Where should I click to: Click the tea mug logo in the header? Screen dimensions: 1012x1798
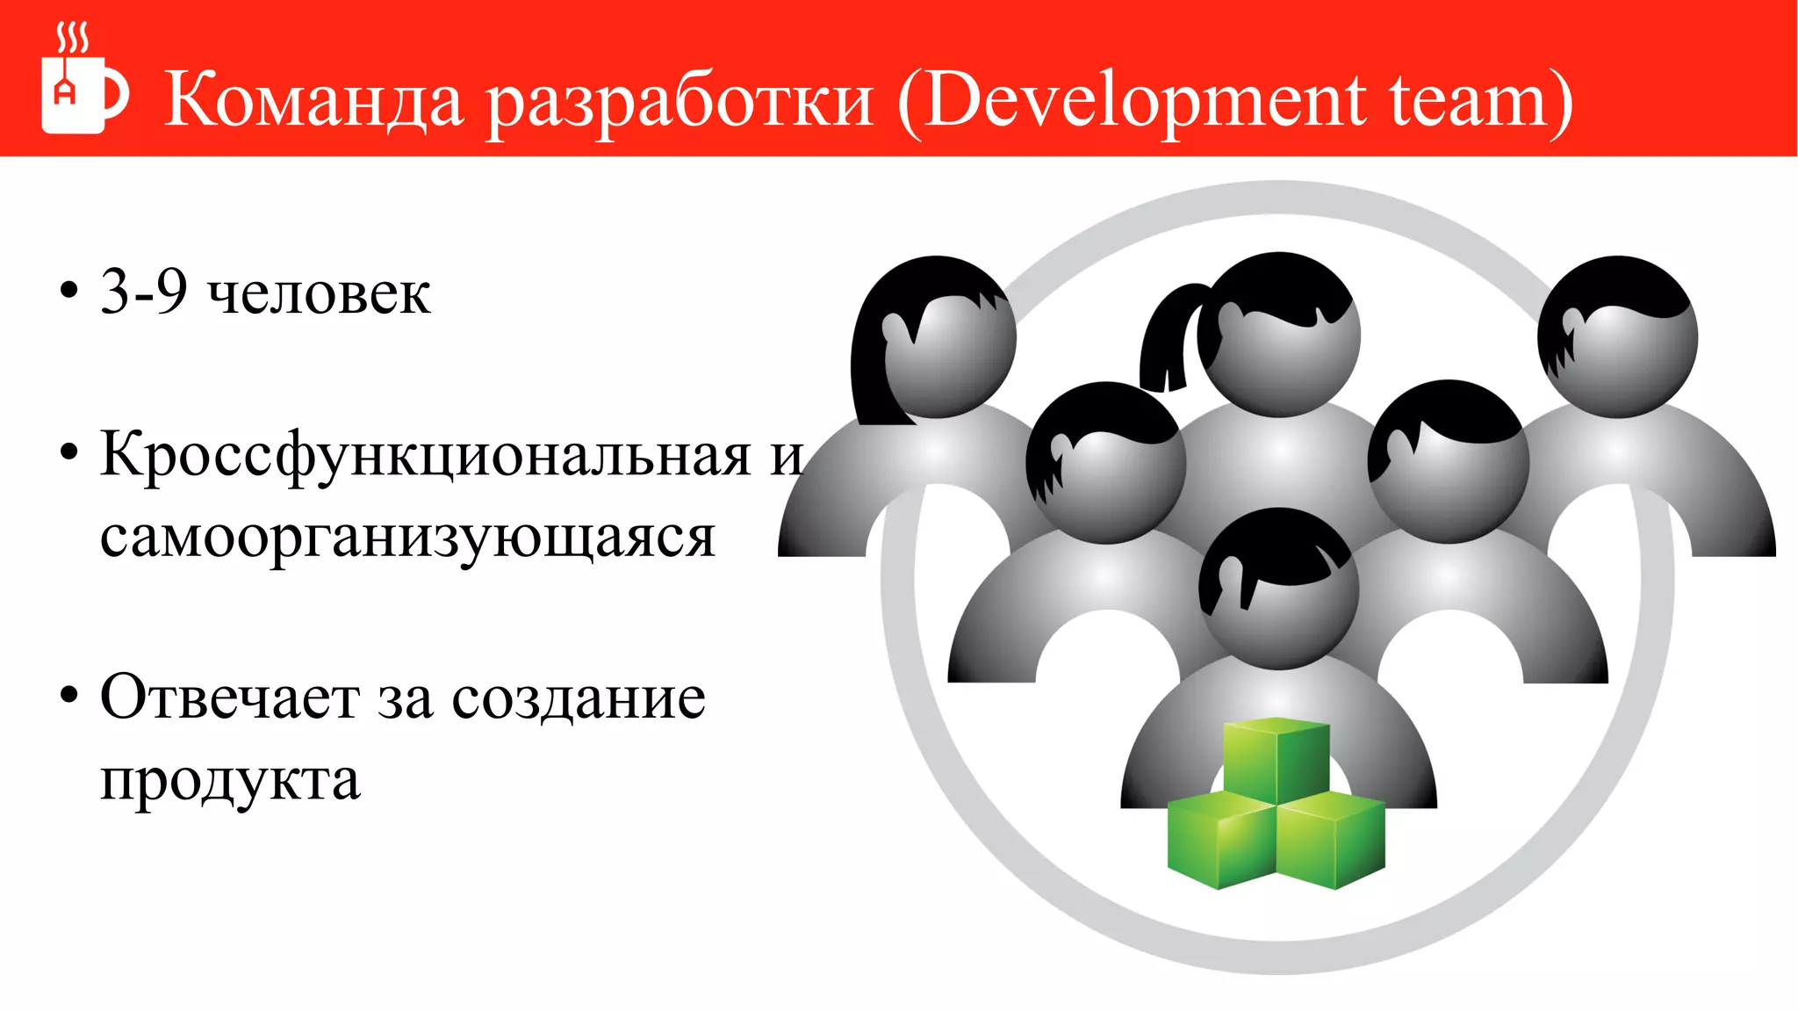point(83,83)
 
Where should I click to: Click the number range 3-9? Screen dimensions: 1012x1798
point(144,292)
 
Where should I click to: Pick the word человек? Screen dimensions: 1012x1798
point(319,293)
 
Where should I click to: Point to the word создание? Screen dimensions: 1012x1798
point(579,698)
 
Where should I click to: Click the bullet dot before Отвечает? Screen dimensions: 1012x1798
point(68,697)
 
